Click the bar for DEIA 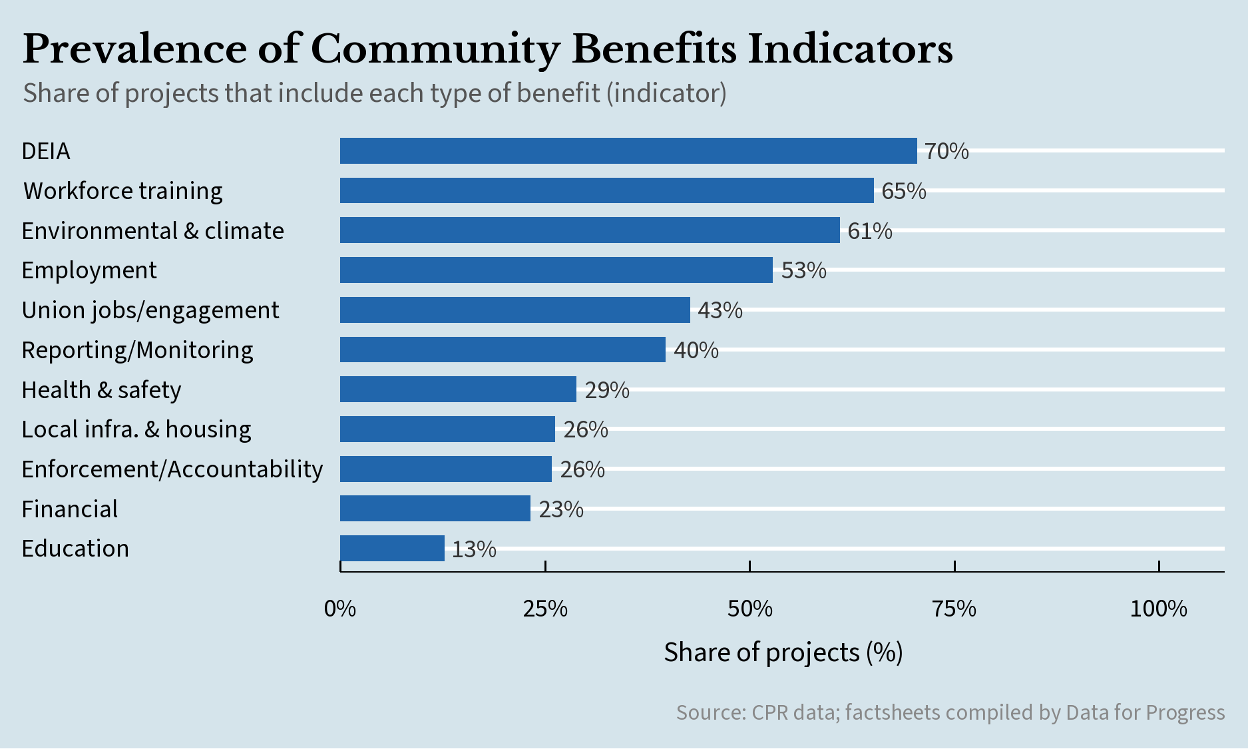(x=628, y=151)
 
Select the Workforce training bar (x=606, y=190)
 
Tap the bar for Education (x=392, y=549)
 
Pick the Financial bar (x=435, y=509)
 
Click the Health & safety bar (x=458, y=389)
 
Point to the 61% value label (x=869, y=231)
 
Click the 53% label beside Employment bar (x=803, y=270)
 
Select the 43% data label (x=720, y=310)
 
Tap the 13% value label (x=474, y=549)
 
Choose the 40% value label (x=696, y=350)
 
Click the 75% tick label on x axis (x=954, y=609)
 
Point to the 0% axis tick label (x=340, y=609)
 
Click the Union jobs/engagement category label (x=150, y=310)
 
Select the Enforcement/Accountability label (x=172, y=469)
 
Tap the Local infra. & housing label (x=136, y=429)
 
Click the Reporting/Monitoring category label (x=137, y=350)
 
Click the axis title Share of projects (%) (x=783, y=652)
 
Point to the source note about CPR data (x=950, y=712)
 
